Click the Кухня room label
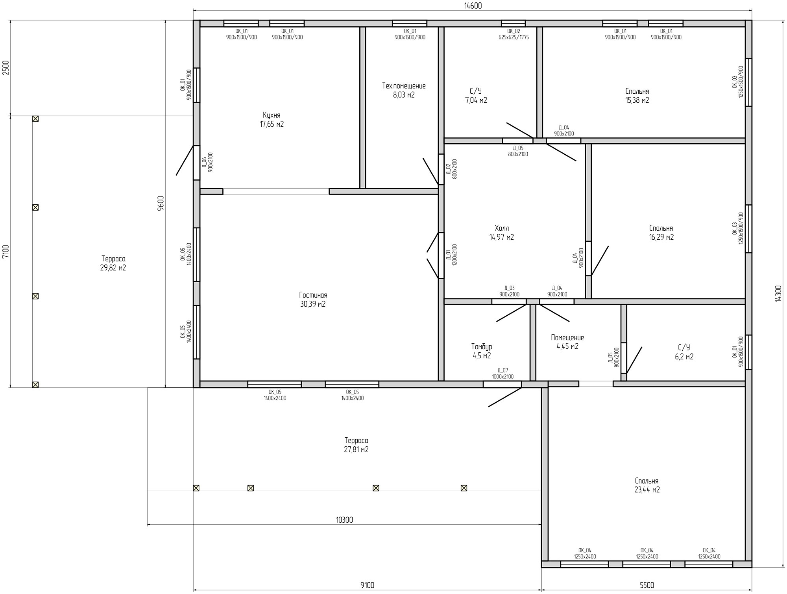click(x=272, y=120)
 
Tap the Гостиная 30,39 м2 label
click(x=313, y=300)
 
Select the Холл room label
click(x=502, y=233)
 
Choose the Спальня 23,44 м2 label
click(x=647, y=485)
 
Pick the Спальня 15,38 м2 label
click(x=637, y=96)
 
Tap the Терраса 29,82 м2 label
click(x=113, y=263)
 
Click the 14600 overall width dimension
click(x=473, y=6)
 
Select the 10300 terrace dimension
click(x=344, y=520)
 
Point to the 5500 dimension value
click(x=647, y=585)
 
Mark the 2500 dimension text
click(x=6, y=68)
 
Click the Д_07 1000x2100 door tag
click(x=502, y=374)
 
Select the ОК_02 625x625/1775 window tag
click(x=514, y=34)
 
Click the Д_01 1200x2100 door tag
click(x=451, y=255)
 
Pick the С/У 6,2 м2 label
click(x=684, y=352)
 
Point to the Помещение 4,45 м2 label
click(x=567, y=342)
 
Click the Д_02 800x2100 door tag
click(x=451, y=169)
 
